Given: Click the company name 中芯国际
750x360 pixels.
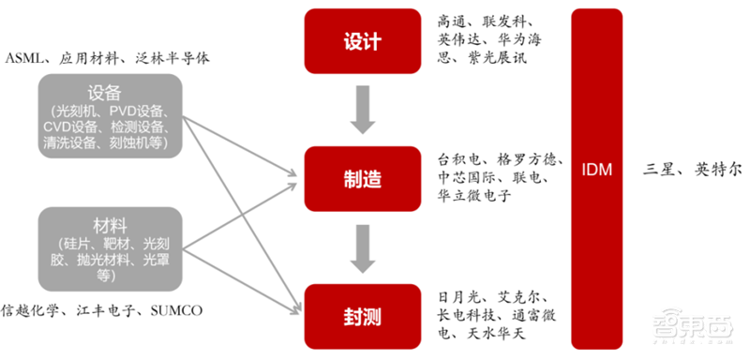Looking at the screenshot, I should pos(466,176).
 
